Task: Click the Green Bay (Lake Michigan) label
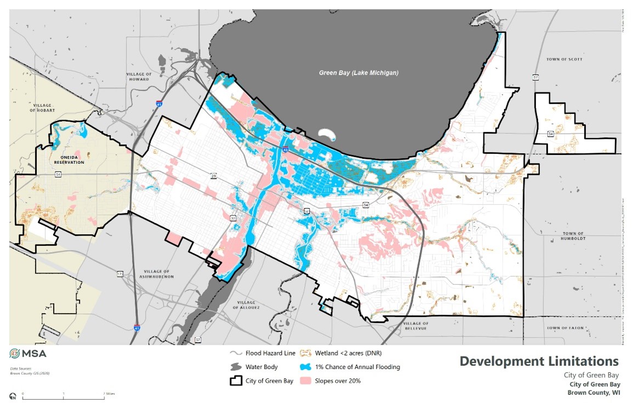[359, 73]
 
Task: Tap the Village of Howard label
[138, 77]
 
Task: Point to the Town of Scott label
[564, 59]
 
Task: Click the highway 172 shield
[119, 273]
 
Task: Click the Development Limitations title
[539, 361]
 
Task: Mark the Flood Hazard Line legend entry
[263, 353]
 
